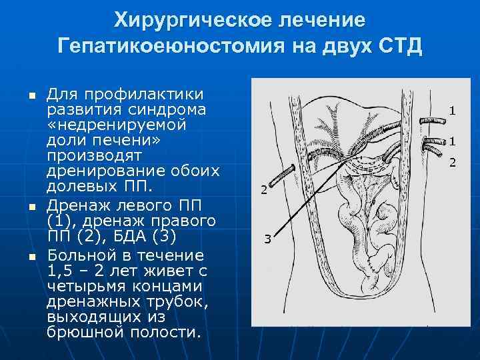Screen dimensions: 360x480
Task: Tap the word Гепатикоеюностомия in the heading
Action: pyautogui.click(x=173, y=47)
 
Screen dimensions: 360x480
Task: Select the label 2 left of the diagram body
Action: pyautogui.click(x=263, y=190)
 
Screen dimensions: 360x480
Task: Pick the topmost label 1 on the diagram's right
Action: pyautogui.click(x=451, y=111)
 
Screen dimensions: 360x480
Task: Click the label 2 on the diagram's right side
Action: pyautogui.click(x=451, y=162)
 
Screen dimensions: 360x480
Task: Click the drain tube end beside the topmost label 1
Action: pyautogui.click(x=425, y=119)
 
